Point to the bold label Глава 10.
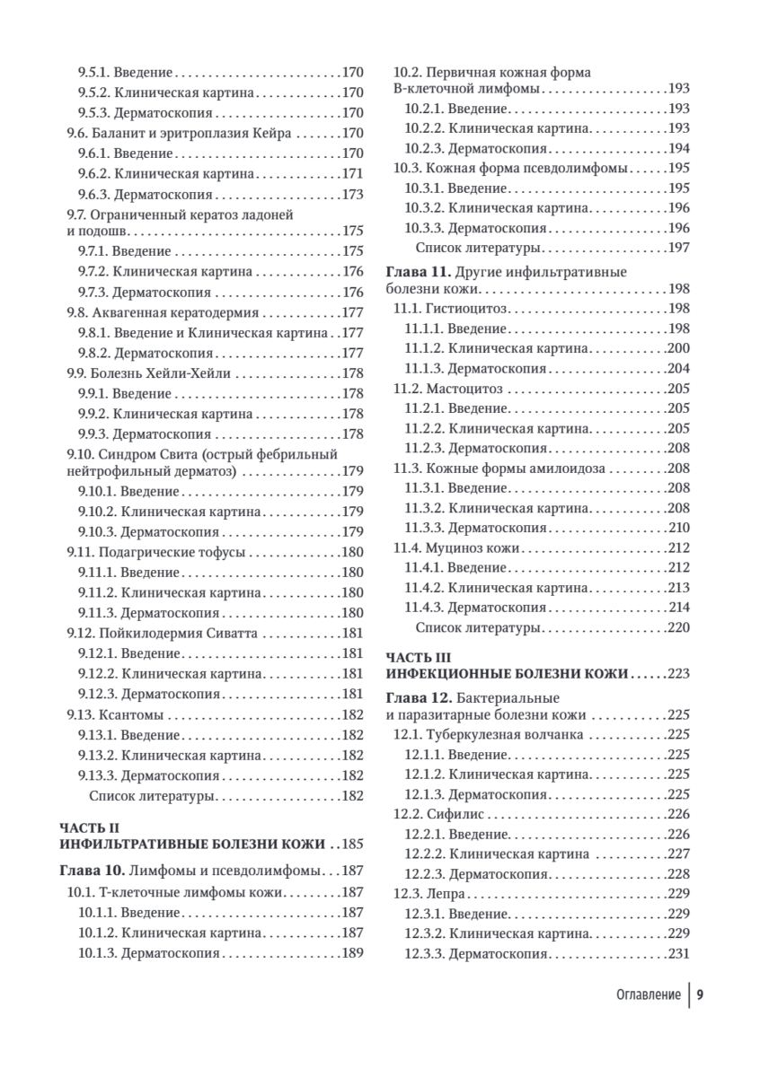pos(92,871)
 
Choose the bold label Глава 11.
pos(418,270)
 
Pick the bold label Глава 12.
pos(418,697)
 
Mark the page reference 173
pos(352,194)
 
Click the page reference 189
pos(352,952)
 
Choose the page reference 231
pos(678,953)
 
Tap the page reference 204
pos(678,368)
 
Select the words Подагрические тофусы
pos(170,552)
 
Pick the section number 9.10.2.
pos(96,512)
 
